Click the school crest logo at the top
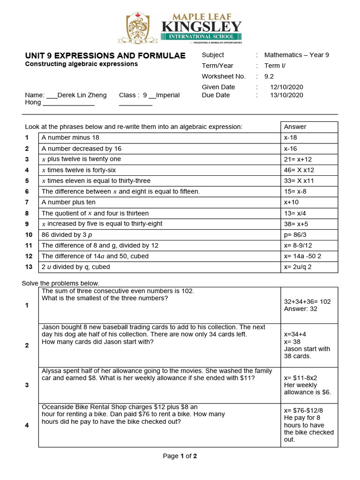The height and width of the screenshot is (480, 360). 139,28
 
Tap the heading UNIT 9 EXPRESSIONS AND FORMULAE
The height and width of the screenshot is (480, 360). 105,55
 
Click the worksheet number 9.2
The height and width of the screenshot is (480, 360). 269,76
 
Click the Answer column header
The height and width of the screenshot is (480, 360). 295,127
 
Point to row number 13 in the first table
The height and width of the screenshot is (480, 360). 29,267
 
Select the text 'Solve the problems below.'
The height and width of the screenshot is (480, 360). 60,283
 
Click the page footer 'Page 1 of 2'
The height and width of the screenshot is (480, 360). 180,456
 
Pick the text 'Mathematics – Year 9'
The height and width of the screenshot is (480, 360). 297,55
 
